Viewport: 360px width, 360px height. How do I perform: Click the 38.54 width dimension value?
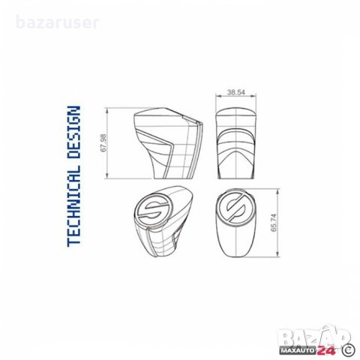[235, 92]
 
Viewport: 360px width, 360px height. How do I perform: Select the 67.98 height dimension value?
[103, 143]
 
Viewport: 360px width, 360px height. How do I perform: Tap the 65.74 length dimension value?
[274, 223]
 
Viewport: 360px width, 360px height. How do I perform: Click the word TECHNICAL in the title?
[73, 205]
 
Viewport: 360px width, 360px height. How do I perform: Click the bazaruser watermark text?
[58, 22]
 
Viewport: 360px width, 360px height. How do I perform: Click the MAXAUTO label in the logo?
[298, 350]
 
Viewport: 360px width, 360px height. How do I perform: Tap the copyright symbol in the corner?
[349, 349]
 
